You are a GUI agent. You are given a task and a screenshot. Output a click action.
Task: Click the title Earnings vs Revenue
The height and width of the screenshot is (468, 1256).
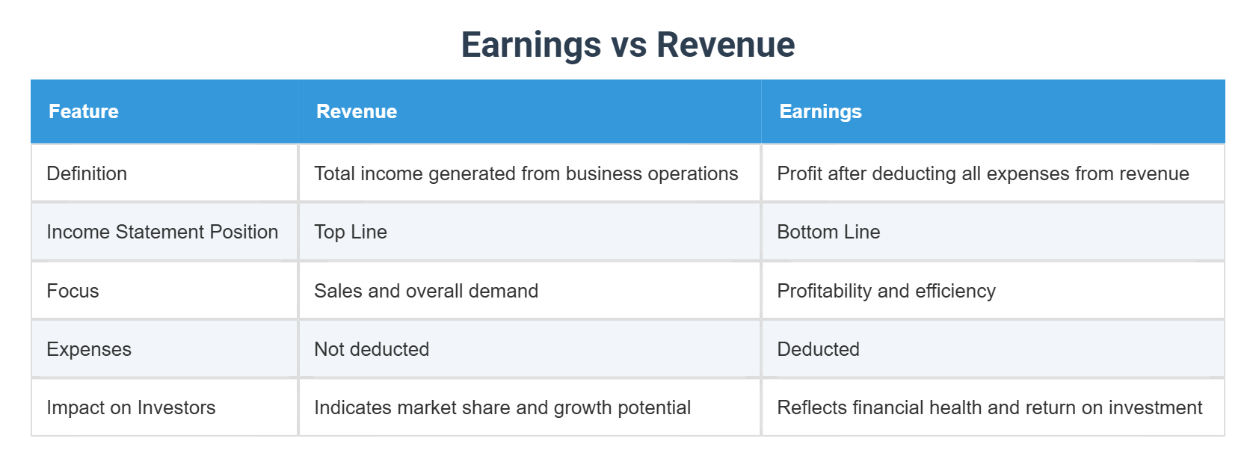point(627,45)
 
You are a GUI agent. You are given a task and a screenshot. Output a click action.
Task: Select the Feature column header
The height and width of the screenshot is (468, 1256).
point(84,111)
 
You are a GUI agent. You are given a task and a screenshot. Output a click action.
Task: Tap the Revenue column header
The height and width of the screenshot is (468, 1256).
point(357,111)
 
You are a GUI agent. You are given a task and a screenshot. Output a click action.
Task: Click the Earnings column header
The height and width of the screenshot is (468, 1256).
point(820,111)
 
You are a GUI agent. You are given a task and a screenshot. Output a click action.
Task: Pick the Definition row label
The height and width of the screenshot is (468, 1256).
point(87,173)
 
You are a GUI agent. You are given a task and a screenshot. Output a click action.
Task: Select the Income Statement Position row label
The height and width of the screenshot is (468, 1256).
point(162,232)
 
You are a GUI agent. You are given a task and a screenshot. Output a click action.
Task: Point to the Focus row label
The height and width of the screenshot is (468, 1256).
point(73,291)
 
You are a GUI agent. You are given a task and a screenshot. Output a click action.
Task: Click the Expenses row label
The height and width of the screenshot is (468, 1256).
point(89,349)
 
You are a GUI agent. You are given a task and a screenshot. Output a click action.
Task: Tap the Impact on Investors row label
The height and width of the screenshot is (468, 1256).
point(131,407)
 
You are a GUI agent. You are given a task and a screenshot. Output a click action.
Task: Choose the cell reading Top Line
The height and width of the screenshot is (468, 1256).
point(351,232)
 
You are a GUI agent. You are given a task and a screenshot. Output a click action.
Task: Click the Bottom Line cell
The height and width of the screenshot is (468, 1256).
point(828,232)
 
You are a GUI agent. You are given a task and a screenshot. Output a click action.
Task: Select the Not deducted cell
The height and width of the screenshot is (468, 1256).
point(372,349)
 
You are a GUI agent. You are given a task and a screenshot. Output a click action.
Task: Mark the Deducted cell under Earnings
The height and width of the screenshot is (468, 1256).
point(818,349)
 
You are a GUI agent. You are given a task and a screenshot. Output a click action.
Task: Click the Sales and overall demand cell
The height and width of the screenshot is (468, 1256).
point(426,291)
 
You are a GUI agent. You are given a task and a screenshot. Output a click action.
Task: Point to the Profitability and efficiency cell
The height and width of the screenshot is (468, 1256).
point(886,291)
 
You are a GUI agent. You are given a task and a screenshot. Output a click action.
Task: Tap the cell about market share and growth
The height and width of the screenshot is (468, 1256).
point(502,407)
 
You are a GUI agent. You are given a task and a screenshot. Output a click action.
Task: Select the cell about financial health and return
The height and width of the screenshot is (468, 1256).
point(989,407)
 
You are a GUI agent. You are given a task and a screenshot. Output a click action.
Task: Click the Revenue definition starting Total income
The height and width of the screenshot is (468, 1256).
point(526,173)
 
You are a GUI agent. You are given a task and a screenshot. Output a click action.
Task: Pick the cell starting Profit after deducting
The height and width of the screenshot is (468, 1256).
point(982,173)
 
